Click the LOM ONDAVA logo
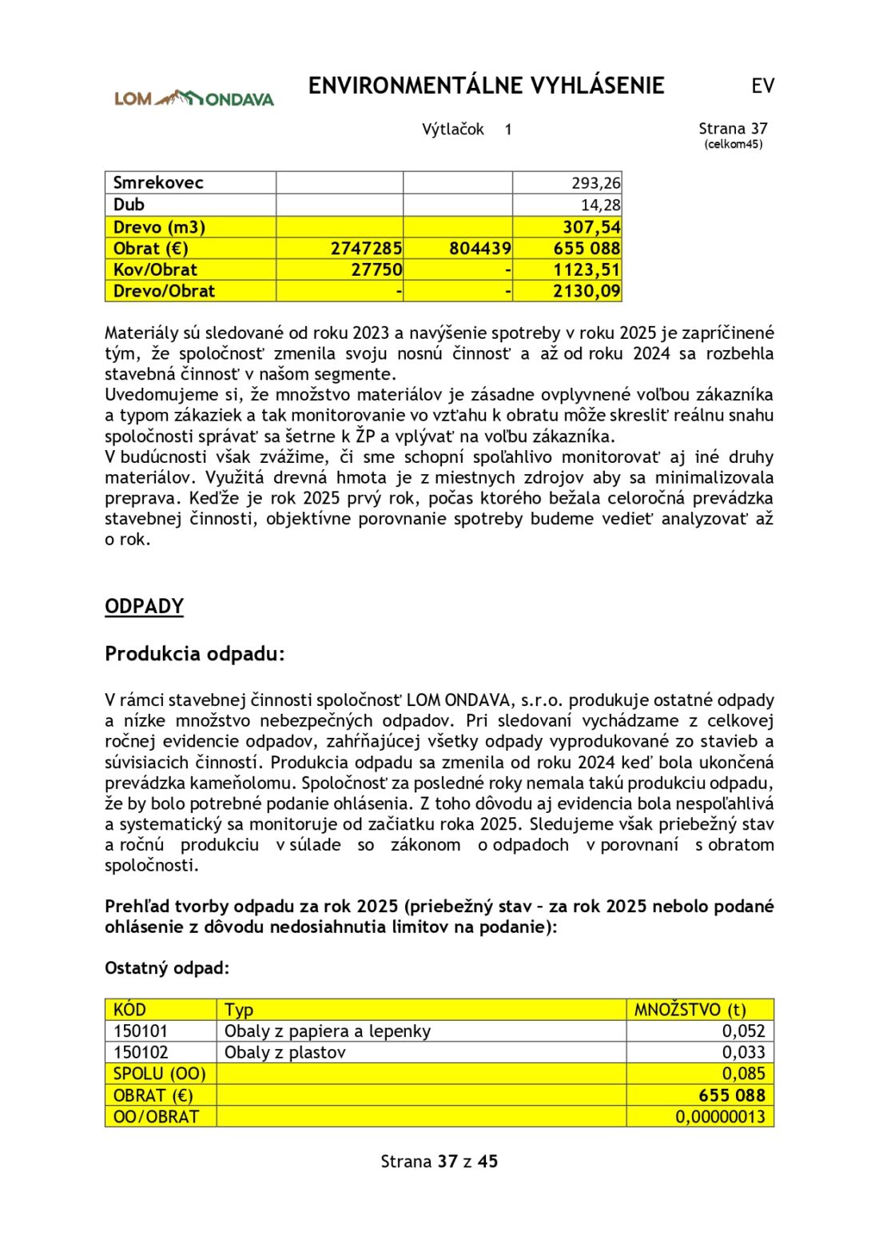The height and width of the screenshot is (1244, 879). (x=193, y=98)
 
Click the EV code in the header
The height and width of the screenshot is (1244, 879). (x=762, y=86)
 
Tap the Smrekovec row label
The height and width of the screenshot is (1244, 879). (x=158, y=182)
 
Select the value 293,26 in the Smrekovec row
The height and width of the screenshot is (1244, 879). (x=595, y=183)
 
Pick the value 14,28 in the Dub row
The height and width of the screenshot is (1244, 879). (x=600, y=205)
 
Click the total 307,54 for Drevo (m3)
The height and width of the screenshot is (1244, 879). (x=591, y=227)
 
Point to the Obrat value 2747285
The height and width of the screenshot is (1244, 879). (x=366, y=249)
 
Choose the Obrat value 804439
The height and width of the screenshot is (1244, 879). (x=479, y=249)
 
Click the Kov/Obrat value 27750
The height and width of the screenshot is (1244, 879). (x=376, y=270)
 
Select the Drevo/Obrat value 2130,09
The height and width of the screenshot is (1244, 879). (x=587, y=291)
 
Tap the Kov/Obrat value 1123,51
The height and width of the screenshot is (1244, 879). (x=587, y=270)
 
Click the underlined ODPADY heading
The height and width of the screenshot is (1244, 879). (x=144, y=606)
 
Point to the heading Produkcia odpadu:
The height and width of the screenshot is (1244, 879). (x=194, y=654)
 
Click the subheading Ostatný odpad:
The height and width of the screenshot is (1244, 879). (x=166, y=968)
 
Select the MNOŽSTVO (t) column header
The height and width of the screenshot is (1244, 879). (x=690, y=1010)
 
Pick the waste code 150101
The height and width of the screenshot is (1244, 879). (x=141, y=1031)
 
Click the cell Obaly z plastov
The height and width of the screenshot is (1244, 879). (x=284, y=1052)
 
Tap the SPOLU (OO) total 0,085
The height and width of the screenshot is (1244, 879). (x=743, y=1074)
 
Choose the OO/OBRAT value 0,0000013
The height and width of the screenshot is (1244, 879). (x=720, y=1117)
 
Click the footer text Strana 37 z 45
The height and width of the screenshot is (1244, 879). (x=439, y=1162)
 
